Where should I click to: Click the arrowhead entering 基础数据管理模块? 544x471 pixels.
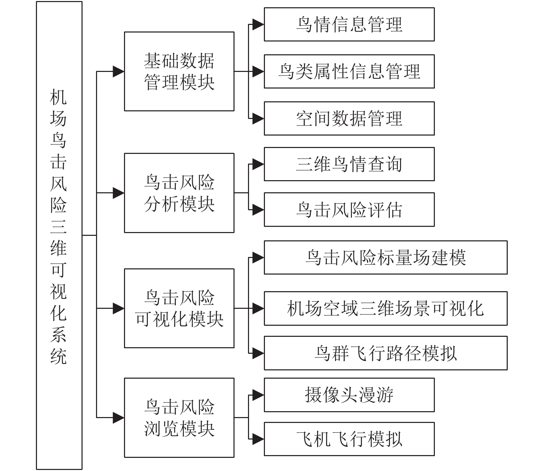coord(119,72)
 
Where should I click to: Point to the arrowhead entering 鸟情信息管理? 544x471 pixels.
coord(258,25)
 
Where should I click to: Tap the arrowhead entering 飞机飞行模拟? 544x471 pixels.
coord(258,439)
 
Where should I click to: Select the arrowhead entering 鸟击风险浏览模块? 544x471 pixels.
coord(119,418)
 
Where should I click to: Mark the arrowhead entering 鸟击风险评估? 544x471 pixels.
coord(258,210)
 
